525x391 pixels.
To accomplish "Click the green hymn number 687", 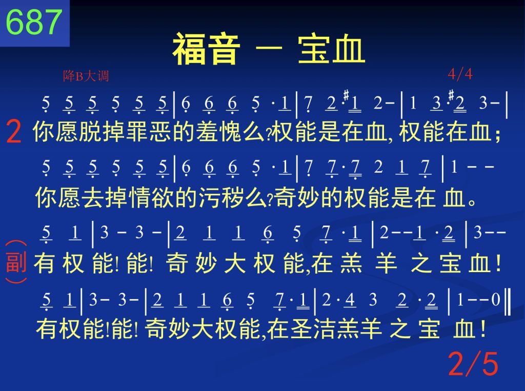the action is (x=34, y=22).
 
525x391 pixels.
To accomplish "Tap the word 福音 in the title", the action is (x=206, y=49).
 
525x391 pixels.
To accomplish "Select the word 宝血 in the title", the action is (x=331, y=49).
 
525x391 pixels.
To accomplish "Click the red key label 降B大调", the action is (x=86, y=76).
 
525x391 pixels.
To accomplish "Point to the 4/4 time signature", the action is (x=460, y=74).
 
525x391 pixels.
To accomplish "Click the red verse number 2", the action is (x=14, y=132).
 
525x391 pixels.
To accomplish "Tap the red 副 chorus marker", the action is (x=16, y=262).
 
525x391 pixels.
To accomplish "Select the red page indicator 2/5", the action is (x=473, y=363).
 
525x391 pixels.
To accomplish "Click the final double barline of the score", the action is (x=508, y=303).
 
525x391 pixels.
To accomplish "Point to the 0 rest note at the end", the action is (x=496, y=300).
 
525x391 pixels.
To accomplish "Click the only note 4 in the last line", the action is (x=350, y=300).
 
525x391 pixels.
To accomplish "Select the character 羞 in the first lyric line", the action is (x=207, y=132).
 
